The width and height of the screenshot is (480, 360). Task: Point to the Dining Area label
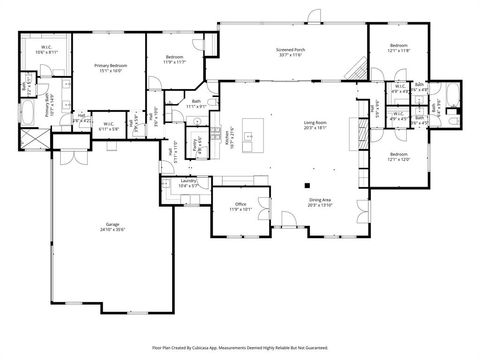coord(319,202)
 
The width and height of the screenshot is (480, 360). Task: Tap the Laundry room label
coord(188,183)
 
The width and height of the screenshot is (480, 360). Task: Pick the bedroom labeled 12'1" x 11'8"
coord(399,48)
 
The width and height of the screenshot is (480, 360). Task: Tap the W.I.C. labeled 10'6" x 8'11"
coord(47,49)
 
